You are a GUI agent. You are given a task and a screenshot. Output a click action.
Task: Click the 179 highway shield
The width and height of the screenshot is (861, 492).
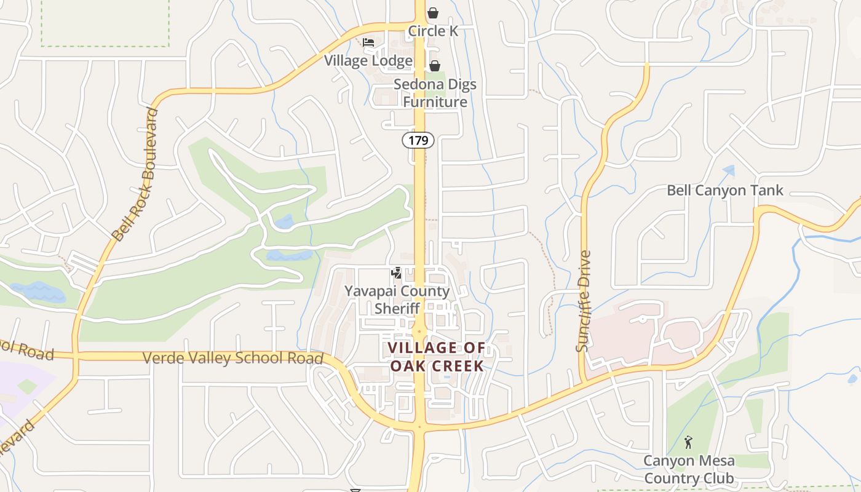[x=419, y=141]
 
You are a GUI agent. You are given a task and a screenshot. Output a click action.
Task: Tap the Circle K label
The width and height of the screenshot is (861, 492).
[x=434, y=31]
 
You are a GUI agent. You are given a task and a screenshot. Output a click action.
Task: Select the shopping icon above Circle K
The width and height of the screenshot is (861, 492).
[x=434, y=13]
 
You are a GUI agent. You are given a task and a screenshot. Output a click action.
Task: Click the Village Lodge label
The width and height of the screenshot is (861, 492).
[x=368, y=60]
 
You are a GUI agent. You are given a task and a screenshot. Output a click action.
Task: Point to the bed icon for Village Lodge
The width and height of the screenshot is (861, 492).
[x=368, y=42]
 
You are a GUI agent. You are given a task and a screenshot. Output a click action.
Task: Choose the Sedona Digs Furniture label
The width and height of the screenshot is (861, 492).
[x=435, y=93]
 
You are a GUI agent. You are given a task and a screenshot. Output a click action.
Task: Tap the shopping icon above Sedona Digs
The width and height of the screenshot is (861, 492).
[x=435, y=66]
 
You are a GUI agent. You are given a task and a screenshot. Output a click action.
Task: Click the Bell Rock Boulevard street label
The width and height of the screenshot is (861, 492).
[x=135, y=175]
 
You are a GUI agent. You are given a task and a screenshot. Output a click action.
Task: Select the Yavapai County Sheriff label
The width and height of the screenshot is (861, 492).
[x=397, y=300]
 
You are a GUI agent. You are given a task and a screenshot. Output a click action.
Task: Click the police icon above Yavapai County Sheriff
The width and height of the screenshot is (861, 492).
[x=397, y=272]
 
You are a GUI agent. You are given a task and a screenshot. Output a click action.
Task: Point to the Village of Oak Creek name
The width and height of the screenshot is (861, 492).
[x=436, y=357]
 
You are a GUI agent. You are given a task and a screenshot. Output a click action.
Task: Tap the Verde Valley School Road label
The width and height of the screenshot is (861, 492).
[x=233, y=358]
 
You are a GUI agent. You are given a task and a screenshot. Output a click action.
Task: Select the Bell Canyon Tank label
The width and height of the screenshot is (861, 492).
[x=725, y=191]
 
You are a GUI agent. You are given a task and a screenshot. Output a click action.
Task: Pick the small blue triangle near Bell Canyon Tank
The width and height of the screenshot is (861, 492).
[x=729, y=170]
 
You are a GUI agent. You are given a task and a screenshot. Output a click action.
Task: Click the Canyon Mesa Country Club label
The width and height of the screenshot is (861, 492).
[x=689, y=469]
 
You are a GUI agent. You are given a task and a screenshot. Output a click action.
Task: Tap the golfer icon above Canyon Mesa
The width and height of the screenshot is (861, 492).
[x=688, y=442]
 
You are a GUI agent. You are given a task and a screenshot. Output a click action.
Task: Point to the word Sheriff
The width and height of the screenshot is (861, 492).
[x=397, y=308]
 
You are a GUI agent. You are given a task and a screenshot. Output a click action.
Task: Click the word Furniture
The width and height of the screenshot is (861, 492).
[x=435, y=102]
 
